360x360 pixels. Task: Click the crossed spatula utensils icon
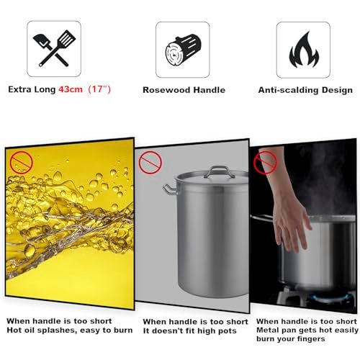tap(54, 48)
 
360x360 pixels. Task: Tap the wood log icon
tap(183, 50)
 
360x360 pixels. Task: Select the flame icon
tap(304, 50)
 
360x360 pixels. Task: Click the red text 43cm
tap(71, 89)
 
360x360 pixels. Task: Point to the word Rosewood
tap(166, 90)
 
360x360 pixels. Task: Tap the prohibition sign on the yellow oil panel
tap(21, 163)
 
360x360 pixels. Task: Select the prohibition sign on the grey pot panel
tap(150, 163)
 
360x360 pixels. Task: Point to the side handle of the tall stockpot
tap(171, 189)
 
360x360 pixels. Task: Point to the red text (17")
tap(99, 89)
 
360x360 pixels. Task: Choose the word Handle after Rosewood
tap(210, 90)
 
